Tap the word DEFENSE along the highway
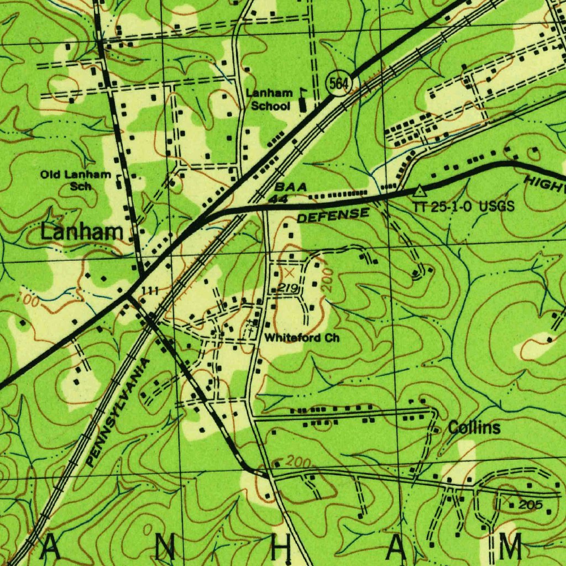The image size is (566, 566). click(333, 215)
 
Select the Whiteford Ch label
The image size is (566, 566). click(302, 337)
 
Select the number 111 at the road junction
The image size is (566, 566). click(150, 291)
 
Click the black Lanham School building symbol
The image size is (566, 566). click(302, 103)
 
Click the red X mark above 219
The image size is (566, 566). click(289, 273)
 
